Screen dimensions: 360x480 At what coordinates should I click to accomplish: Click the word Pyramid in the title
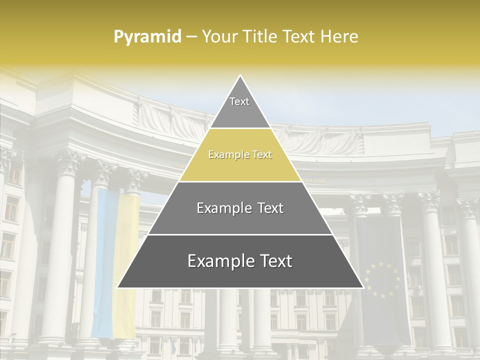tap(147, 37)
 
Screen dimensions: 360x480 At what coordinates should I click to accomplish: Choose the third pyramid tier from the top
tap(240, 208)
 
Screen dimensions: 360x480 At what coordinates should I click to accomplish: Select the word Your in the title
tap(218, 36)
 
